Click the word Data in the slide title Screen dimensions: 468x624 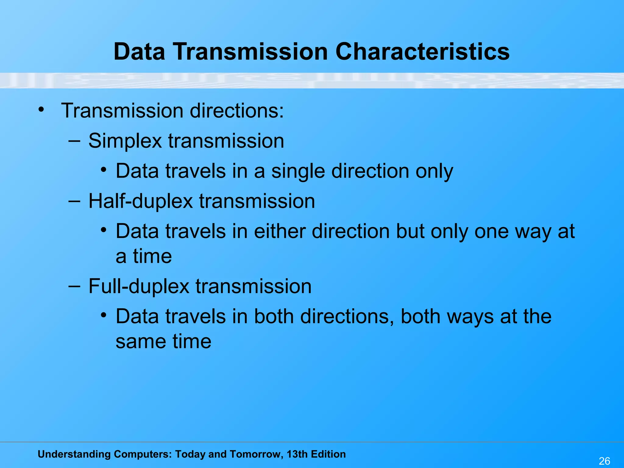139,51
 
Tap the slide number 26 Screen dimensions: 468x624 604,461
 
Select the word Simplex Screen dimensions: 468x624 125,141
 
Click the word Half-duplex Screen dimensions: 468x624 140,201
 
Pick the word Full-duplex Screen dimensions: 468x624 139,286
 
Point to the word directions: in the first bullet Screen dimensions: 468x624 237,111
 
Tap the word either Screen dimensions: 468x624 280,232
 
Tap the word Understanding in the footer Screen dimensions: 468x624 74,454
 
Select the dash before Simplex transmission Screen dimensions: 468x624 74,141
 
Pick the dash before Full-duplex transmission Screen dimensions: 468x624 74,286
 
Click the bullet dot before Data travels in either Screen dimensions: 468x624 104,230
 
